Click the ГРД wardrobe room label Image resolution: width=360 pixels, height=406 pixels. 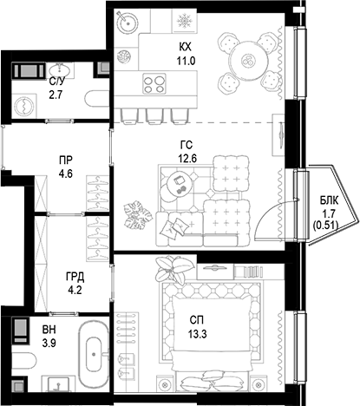75,278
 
